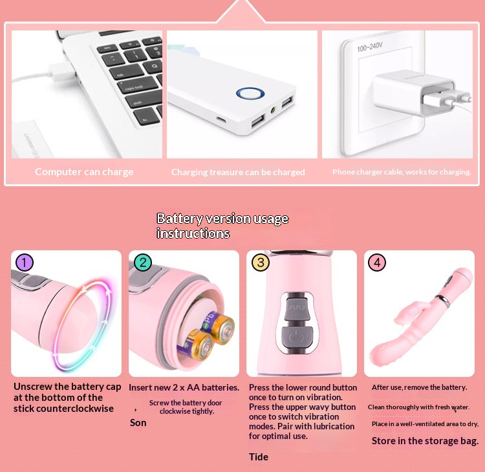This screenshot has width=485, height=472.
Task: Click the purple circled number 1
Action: tap(24, 263)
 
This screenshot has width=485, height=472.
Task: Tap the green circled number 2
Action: tap(143, 263)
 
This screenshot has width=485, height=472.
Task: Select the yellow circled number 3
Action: tap(260, 263)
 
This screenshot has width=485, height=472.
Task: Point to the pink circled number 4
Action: tap(378, 263)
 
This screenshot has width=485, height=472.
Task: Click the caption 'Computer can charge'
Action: tap(84, 172)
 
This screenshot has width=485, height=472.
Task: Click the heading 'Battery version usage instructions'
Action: tap(222, 226)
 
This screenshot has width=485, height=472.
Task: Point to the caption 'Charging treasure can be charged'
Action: tap(238, 173)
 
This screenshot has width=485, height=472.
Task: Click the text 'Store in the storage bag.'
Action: tap(425, 441)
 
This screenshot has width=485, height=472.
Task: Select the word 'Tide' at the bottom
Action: tap(259, 457)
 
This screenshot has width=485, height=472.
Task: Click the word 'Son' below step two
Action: tap(138, 423)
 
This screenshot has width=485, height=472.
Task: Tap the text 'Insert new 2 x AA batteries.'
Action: tap(184, 387)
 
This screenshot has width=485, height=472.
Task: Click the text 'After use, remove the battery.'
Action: tap(419, 387)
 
